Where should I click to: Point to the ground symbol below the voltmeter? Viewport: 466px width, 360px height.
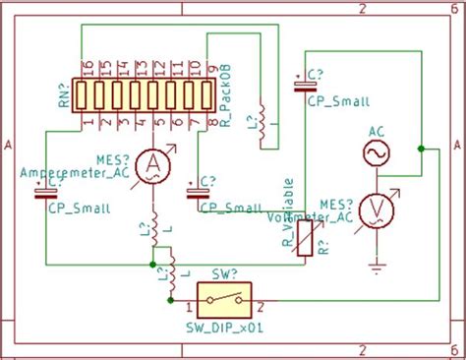(x=376, y=263)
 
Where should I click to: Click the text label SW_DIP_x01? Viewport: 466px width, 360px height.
(x=223, y=327)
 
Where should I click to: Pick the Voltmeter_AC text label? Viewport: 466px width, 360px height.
(x=312, y=215)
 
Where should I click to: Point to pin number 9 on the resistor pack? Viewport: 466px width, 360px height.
(x=210, y=69)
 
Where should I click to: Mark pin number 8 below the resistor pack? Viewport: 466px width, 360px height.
(x=210, y=121)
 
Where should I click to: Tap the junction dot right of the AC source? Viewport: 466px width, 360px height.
(x=421, y=149)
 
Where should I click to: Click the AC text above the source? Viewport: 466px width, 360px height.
(x=376, y=131)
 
